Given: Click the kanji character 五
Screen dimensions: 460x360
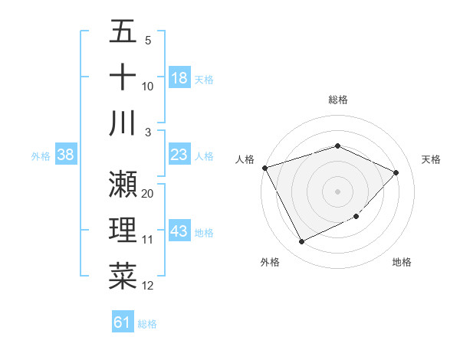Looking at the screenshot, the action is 123,32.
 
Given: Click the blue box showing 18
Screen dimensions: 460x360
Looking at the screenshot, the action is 179,78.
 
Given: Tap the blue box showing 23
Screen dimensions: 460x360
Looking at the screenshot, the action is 179,155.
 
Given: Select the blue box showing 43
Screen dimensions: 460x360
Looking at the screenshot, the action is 179,232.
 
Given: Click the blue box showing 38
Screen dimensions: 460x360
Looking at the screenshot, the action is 65,155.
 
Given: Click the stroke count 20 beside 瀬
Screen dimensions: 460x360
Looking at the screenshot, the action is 148,194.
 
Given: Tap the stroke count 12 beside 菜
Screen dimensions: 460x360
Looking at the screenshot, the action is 148,286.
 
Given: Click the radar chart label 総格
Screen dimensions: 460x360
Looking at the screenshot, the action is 337,100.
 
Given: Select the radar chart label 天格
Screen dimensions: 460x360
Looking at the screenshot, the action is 431,159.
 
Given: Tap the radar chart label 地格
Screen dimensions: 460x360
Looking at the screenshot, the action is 402,262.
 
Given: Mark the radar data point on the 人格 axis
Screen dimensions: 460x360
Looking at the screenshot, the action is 264,168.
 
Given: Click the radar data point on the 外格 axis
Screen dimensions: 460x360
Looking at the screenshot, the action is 301,242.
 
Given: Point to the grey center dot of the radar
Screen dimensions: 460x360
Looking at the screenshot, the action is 337,191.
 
